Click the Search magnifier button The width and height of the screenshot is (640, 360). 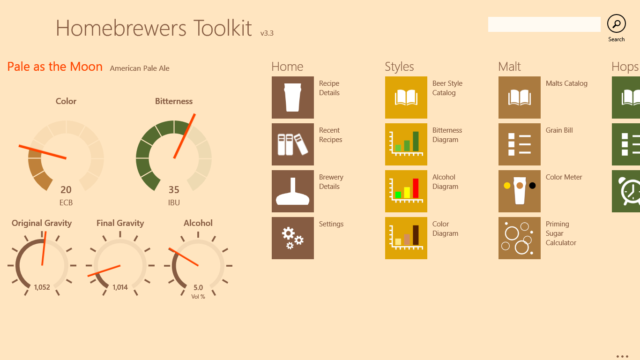(616, 24)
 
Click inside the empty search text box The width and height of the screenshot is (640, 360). (544, 24)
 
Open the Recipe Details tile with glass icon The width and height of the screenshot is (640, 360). (292, 97)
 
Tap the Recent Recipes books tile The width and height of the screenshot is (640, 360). (292, 144)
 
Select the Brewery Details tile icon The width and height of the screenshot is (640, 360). (292, 191)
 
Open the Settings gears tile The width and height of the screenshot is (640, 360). (292, 238)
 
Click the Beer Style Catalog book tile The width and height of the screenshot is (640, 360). (406, 97)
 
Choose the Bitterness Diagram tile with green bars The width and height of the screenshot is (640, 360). (406, 144)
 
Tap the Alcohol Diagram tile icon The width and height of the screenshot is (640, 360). (406, 191)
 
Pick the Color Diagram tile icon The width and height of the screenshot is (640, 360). (406, 238)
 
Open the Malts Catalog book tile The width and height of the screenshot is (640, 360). (520, 97)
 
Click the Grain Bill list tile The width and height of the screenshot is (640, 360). (520, 144)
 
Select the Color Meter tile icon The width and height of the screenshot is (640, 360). (520, 191)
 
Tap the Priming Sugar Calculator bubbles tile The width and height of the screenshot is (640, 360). (520, 238)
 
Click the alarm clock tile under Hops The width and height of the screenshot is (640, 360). (626, 191)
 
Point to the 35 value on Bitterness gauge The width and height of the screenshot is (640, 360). (174, 189)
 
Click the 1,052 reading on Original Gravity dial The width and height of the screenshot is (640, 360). (42, 287)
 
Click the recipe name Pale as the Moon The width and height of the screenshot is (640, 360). (55, 67)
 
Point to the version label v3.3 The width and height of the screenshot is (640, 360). (267, 33)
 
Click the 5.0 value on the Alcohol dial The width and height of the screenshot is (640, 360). (198, 287)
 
